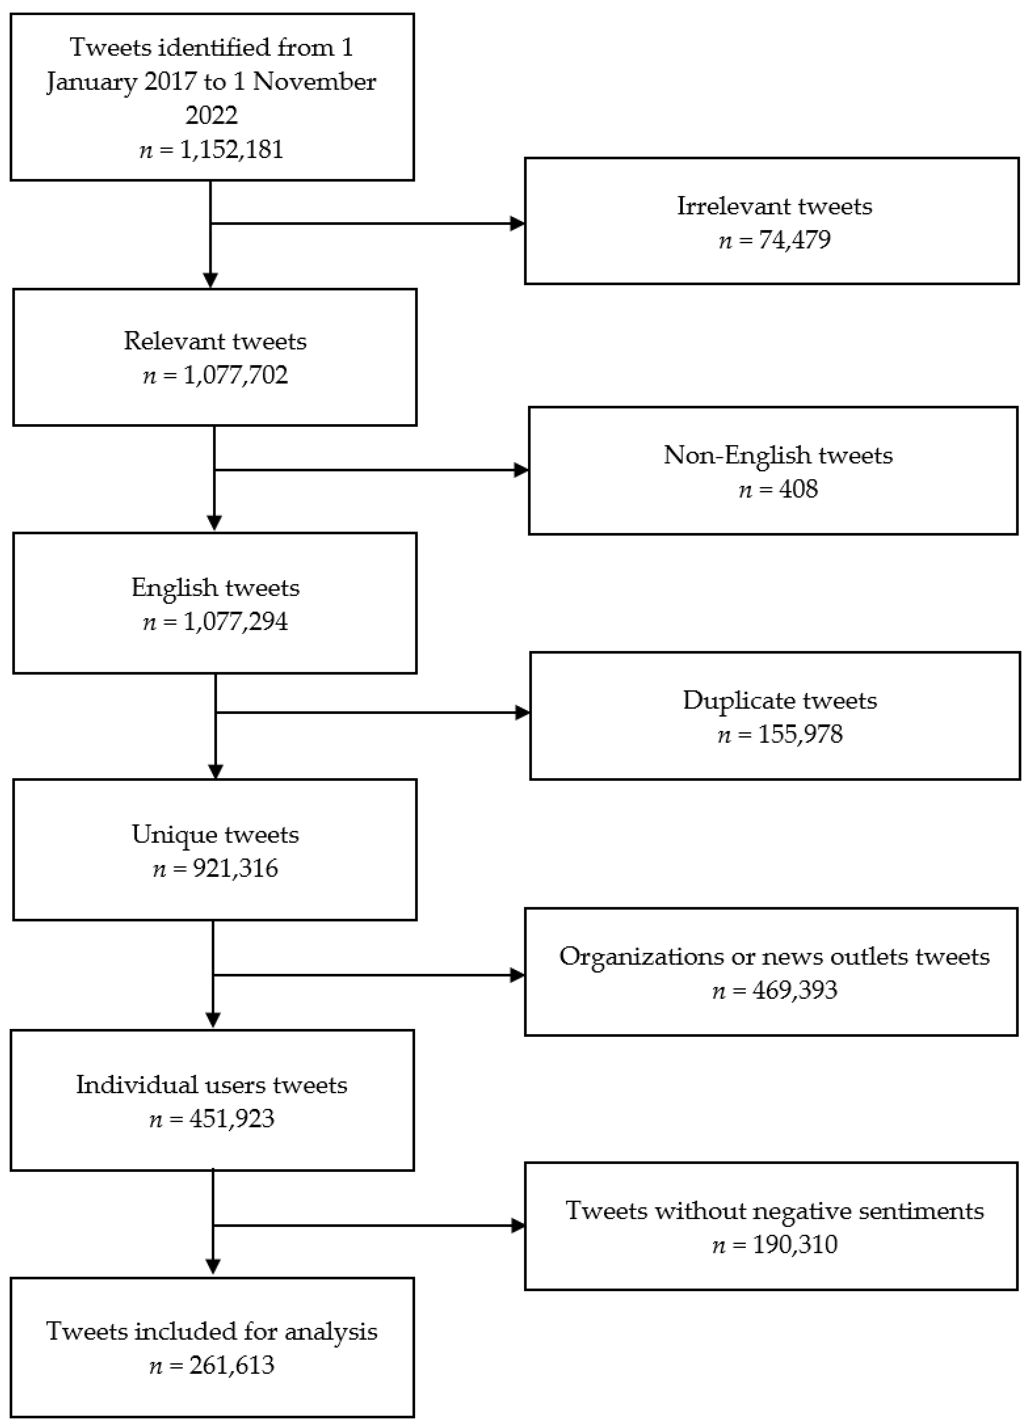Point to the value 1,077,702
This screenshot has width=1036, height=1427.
(x=235, y=375)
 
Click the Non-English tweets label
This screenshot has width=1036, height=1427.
(x=778, y=455)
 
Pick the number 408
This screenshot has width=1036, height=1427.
(x=798, y=489)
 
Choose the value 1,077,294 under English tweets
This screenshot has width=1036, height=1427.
(x=235, y=622)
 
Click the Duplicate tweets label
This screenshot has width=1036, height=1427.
(x=780, y=700)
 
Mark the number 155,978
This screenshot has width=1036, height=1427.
(x=800, y=734)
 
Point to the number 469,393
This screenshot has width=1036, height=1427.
(x=795, y=990)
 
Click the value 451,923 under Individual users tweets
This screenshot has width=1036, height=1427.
(x=232, y=1119)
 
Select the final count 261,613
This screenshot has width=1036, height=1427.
(x=232, y=1365)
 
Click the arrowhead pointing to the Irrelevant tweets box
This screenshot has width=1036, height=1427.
(x=518, y=223)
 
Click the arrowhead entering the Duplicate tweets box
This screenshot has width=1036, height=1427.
(x=522, y=713)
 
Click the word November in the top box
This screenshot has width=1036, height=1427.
(x=315, y=82)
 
